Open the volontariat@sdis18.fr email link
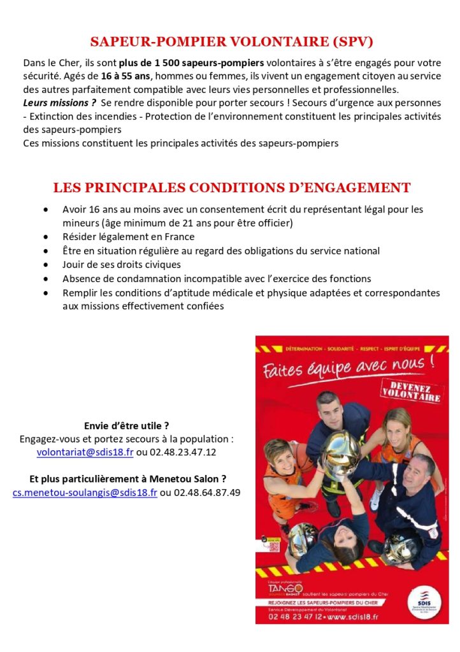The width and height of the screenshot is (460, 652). pyautogui.click(x=85, y=452)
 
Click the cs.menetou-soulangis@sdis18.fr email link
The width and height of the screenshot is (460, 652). pyautogui.click(x=85, y=493)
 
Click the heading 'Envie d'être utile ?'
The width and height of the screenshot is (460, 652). pyautogui.click(x=127, y=426)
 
